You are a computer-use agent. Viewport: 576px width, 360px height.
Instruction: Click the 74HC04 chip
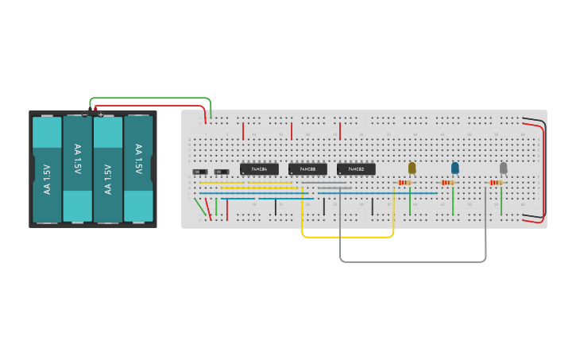pos(259,169)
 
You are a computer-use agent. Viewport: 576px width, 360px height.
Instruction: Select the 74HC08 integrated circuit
pos(307,169)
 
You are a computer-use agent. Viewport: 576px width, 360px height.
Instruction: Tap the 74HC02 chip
pos(356,169)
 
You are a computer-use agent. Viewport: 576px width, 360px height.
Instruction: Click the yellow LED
pos(412,168)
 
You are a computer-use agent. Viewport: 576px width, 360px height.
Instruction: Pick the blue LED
pos(455,168)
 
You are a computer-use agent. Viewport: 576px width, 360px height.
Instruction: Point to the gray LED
pos(503,168)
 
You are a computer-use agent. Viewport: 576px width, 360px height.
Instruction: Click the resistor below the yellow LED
pos(405,183)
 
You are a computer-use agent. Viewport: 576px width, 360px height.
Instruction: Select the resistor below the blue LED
pos(449,183)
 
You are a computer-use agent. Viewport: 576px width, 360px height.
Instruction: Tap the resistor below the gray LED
pos(497,183)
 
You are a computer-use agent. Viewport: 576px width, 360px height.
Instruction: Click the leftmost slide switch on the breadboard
pos(200,172)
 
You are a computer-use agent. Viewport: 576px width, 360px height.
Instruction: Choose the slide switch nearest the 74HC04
pos(222,172)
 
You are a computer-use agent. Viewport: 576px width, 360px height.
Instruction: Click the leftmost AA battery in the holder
pos(47,169)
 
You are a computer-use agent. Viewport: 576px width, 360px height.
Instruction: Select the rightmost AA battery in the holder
pos(138,169)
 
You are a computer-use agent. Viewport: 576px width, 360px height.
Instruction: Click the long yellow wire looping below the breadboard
pos(347,237)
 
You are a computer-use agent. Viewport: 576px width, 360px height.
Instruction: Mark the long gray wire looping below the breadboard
pos(413,261)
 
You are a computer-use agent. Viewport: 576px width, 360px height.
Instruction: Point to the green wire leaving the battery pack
pos(151,98)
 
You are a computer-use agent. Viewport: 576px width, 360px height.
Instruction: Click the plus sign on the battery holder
pos(101,115)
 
